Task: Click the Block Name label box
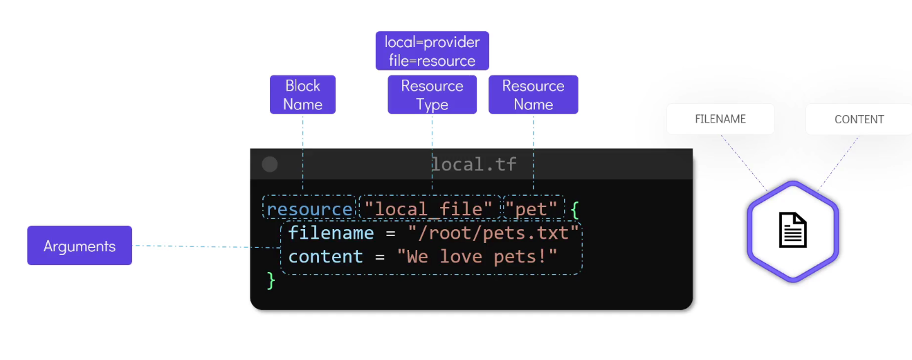[x=302, y=94]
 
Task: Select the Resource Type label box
[x=432, y=94]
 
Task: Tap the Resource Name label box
[x=533, y=94]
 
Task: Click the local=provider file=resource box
[x=432, y=51]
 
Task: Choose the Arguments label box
[x=80, y=246]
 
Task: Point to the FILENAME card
[x=720, y=119]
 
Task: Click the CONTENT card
[x=859, y=119]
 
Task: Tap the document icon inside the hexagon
[x=793, y=230]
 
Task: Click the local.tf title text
[x=474, y=164]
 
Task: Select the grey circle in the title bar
[x=270, y=164]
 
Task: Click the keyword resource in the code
[x=309, y=209]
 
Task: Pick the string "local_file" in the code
[x=428, y=209]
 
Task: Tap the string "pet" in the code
[x=531, y=209]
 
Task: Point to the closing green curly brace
[x=271, y=280]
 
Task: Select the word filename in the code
[x=331, y=233]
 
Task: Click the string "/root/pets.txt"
[x=493, y=233]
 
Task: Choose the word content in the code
[x=326, y=257]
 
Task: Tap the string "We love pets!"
[x=477, y=257]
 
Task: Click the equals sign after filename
[x=390, y=234]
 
